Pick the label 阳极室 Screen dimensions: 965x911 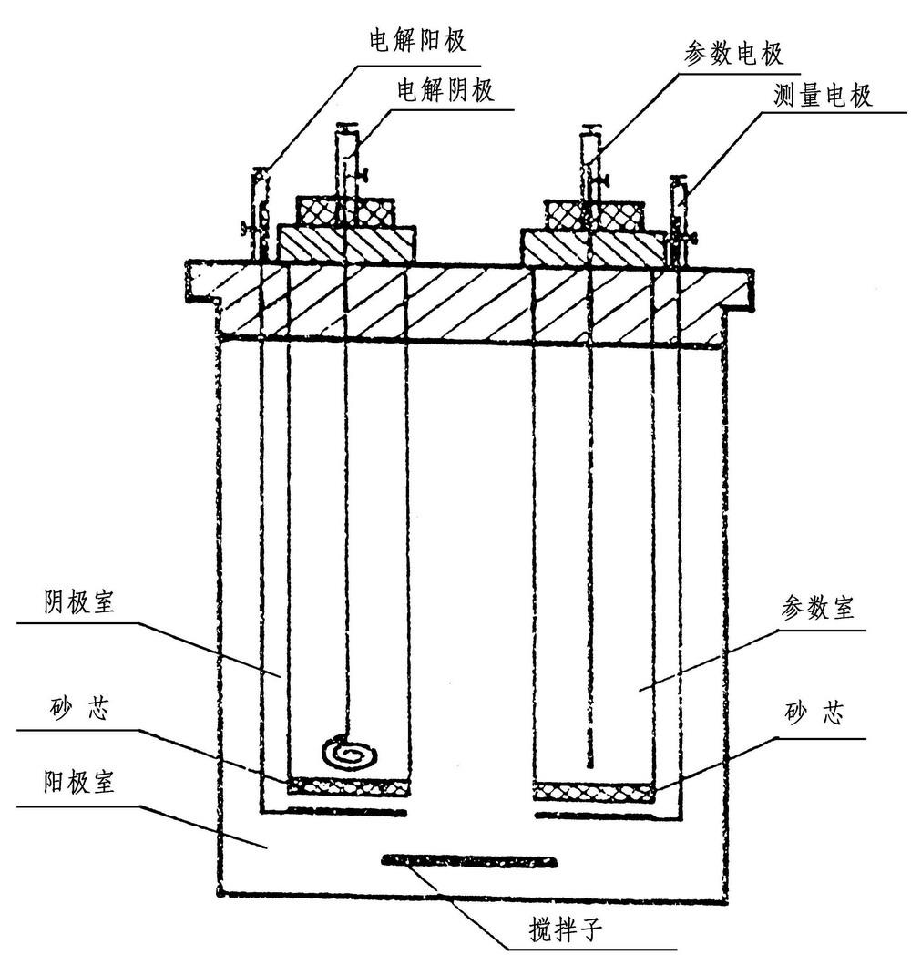point(79,783)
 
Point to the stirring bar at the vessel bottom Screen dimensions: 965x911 point(470,858)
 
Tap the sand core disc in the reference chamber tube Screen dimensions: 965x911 point(593,791)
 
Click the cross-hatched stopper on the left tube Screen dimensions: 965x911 point(345,211)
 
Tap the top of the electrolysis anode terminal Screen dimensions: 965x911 point(261,169)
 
